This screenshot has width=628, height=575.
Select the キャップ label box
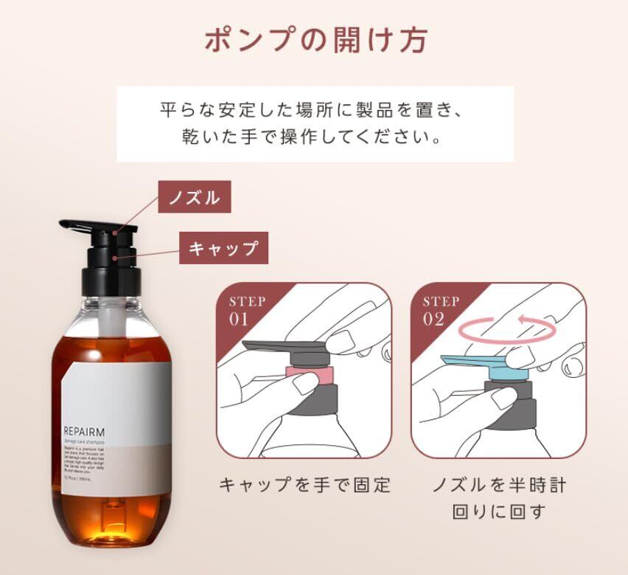tap(224, 248)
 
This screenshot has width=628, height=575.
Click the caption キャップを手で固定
tap(304, 485)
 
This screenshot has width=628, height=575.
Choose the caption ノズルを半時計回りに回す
tap(498, 497)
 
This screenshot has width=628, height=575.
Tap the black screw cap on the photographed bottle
tap(114, 269)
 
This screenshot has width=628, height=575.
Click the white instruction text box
tap(315, 124)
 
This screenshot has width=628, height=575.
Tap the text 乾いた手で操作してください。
tap(315, 137)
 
